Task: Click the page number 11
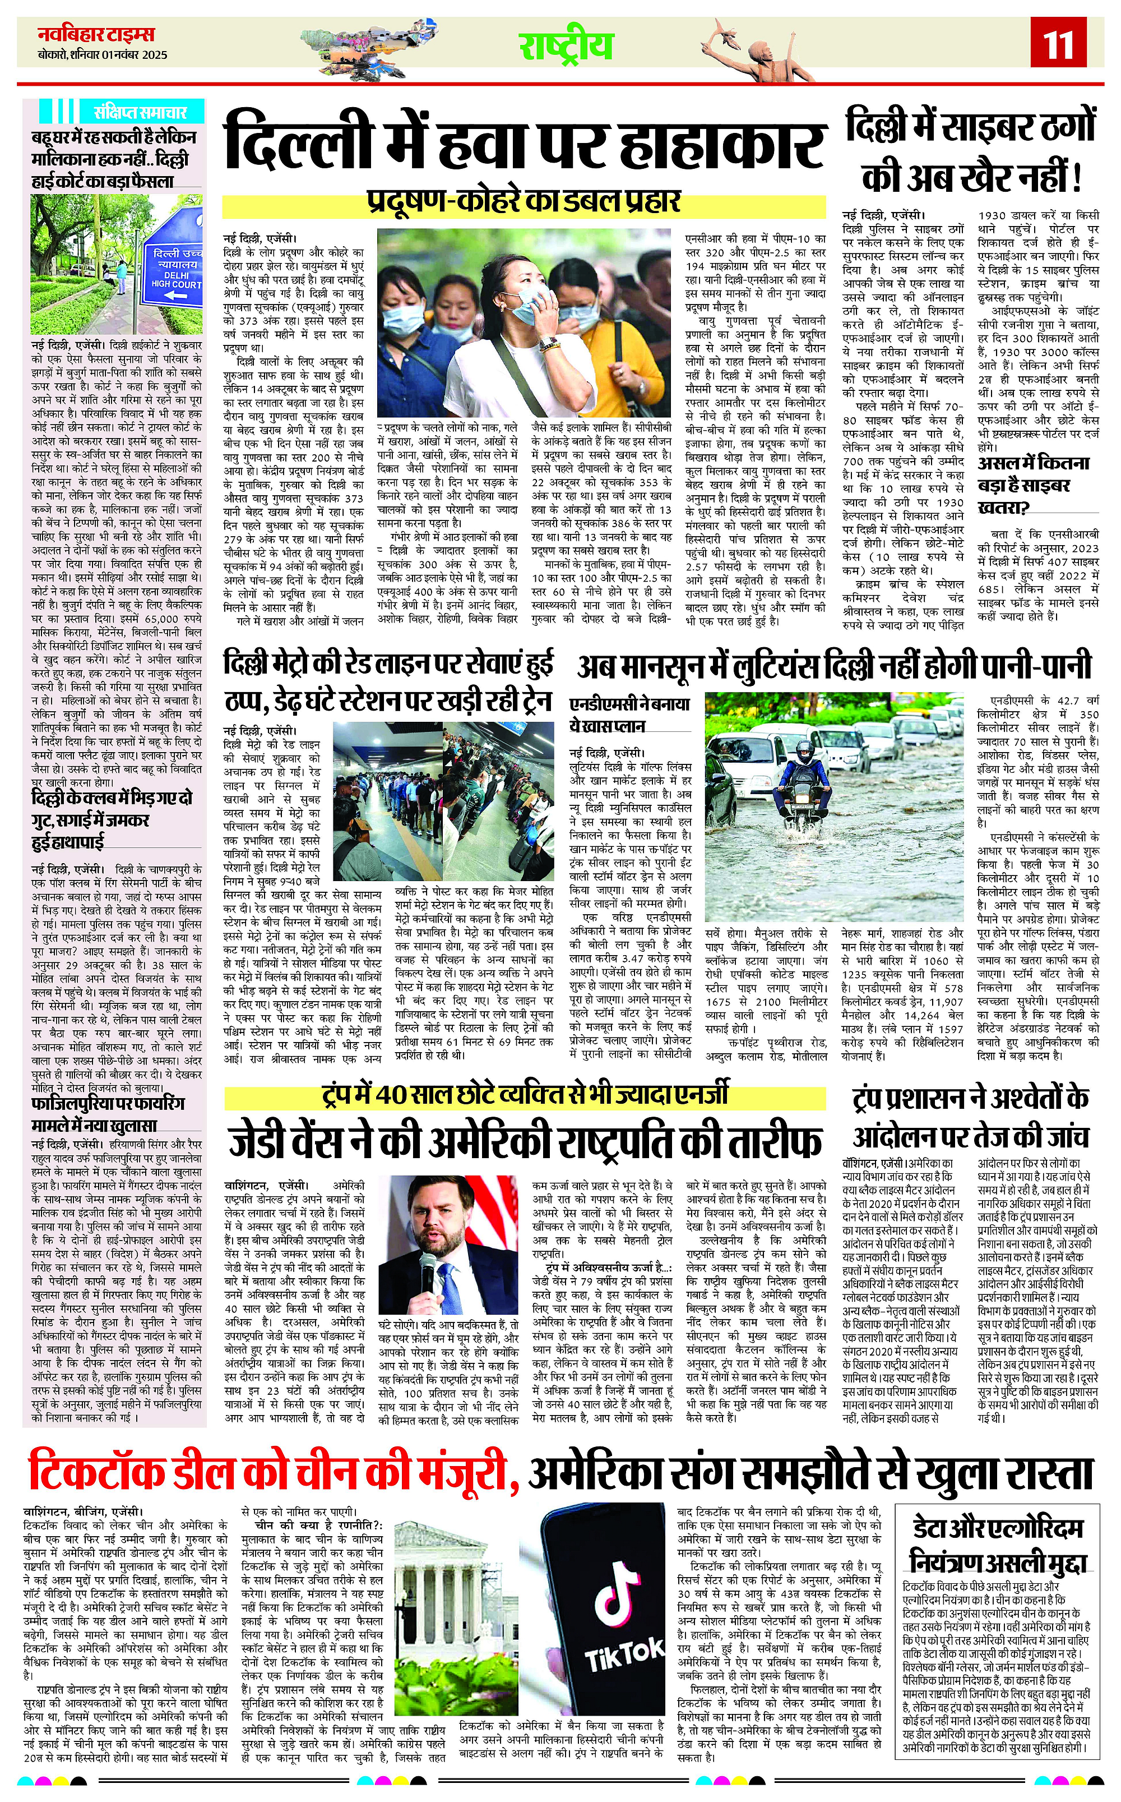click(x=1059, y=44)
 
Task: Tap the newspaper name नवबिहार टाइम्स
click(x=96, y=34)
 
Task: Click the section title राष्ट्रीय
click(x=566, y=45)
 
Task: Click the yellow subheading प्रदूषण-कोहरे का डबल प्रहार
click(x=524, y=202)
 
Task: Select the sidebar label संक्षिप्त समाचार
click(x=141, y=113)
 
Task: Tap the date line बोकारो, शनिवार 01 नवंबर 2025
click(x=103, y=55)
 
